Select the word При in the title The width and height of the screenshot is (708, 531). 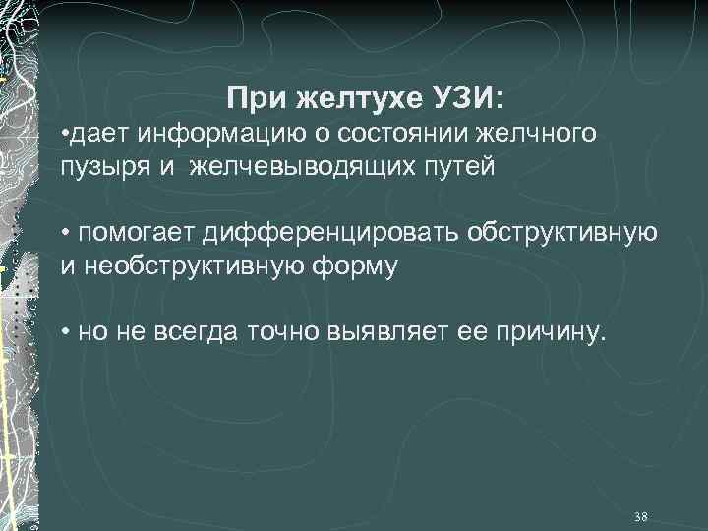point(251,98)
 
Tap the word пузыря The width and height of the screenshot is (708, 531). point(97,166)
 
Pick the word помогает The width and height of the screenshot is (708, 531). point(139,232)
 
